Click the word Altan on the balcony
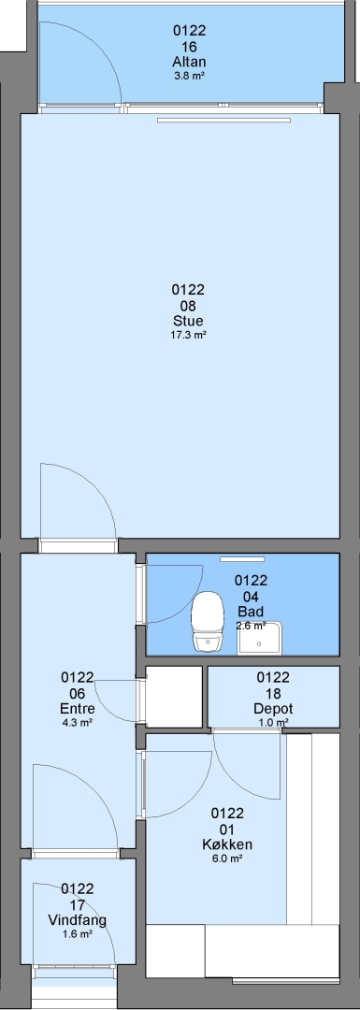(x=189, y=63)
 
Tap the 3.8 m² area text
(x=189, y=76)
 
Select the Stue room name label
(x=188, y=322)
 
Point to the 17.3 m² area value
(x=188, y=335)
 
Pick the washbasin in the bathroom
(x=260, y=639)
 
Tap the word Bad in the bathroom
(x=251, y=612)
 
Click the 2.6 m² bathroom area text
(x=252, y=626)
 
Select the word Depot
(x=273, y=709)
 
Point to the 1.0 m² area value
(x=273, y=723)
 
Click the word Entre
(x=78, y=709)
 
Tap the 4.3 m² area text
(x=78, y=723)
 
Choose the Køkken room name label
(x=227, y=844)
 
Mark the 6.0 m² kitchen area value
(x=227, y=858)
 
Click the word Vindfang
(x=78, y=920)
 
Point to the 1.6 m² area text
(x=78, y=934)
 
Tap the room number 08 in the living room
(x=188, y=306)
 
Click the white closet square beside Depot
(x=175, y=697)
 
